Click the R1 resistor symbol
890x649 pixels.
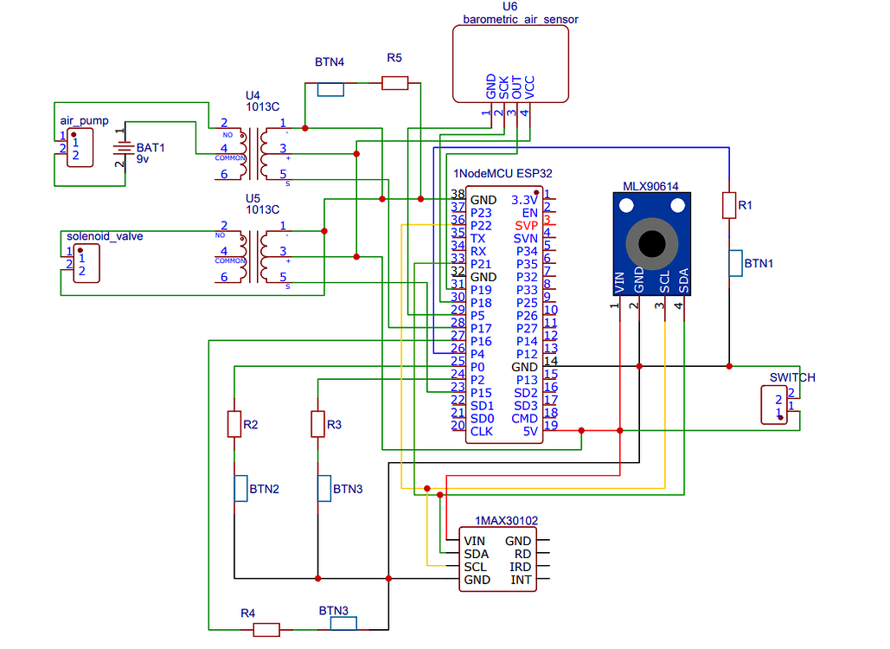click(729, 205)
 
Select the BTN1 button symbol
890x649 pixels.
click(735, 262)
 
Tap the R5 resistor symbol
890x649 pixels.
click(394, 83)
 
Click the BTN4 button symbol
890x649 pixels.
click(330, 89)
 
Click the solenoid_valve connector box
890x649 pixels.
click(85, 262)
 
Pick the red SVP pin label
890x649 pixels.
click(526, 225)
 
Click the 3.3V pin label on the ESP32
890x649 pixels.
click(524, 200)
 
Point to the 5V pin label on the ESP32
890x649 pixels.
click(529, 431)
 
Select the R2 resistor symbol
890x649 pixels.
click(234, 424)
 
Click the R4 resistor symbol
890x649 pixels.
click(266, 629)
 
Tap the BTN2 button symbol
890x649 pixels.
click(240, 488)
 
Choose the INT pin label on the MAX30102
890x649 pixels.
click(521, 580)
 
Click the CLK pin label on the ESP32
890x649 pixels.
click(481, 431)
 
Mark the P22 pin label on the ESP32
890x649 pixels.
click(481, 225)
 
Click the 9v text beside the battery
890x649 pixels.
click(144, 159)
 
